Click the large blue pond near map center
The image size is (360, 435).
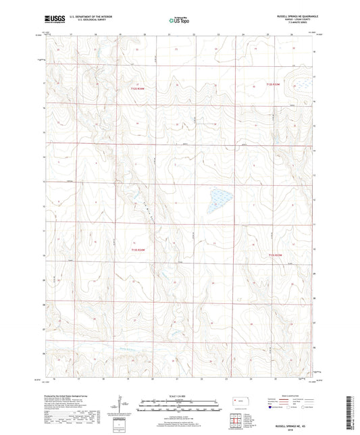[x=220, y=197]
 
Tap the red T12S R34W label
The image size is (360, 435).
[x=139, y=88]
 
